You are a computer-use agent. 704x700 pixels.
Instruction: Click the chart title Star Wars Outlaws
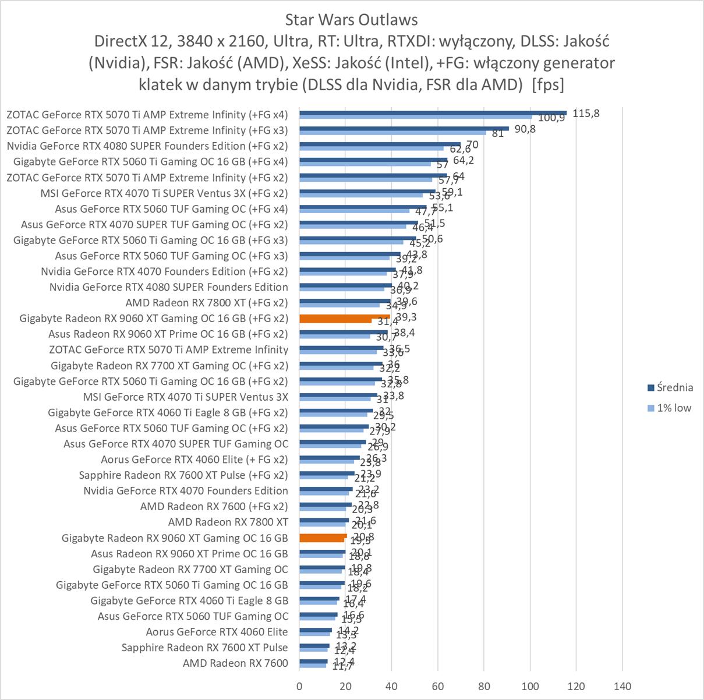tap(351, 20)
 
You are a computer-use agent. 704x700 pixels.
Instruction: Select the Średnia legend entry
tap(674, 388)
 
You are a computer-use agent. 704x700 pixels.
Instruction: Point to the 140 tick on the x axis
tap(622, 686)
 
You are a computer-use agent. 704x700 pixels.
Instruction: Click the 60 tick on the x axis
tap(438, 686)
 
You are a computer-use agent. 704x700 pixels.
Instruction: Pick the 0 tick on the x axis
tap(299, 686)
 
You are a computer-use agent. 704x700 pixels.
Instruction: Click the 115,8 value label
tap(585, 114)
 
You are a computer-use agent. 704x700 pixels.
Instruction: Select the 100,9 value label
tap(551, 118)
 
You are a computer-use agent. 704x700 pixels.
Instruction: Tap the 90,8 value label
tap(525, 129)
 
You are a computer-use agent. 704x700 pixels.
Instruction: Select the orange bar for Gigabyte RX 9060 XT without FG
tap(323, 536)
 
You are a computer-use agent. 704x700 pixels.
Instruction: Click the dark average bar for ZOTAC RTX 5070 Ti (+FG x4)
tap(433, 112)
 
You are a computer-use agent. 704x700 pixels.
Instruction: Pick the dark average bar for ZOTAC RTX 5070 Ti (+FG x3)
tap(404, 128)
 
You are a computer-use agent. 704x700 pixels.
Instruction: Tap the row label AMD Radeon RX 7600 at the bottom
tap(235, 663)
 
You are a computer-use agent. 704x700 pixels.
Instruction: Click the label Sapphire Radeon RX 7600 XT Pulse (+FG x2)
tap(183, 475)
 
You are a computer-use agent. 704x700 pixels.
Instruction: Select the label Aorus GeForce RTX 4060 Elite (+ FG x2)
tap(194, 459)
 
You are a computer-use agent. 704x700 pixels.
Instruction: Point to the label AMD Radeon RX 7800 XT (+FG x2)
tap(207, 303)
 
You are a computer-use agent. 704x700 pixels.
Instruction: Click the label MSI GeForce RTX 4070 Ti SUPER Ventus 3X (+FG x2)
tap(164, 193)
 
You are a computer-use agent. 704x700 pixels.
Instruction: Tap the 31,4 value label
tap(388, 322)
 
